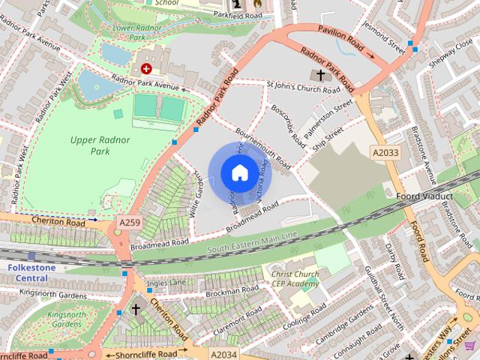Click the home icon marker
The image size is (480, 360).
(238, 173)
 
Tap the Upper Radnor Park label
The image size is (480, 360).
(100, 145)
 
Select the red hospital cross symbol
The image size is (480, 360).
(145, 68)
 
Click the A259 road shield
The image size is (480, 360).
(128, 223)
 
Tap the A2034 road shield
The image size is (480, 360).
(223, 354)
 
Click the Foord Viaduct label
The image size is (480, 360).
(424, 197)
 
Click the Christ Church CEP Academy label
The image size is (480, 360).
(295, 279)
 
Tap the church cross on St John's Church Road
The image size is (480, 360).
(321, 75)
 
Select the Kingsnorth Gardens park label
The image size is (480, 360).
(64, 319)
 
